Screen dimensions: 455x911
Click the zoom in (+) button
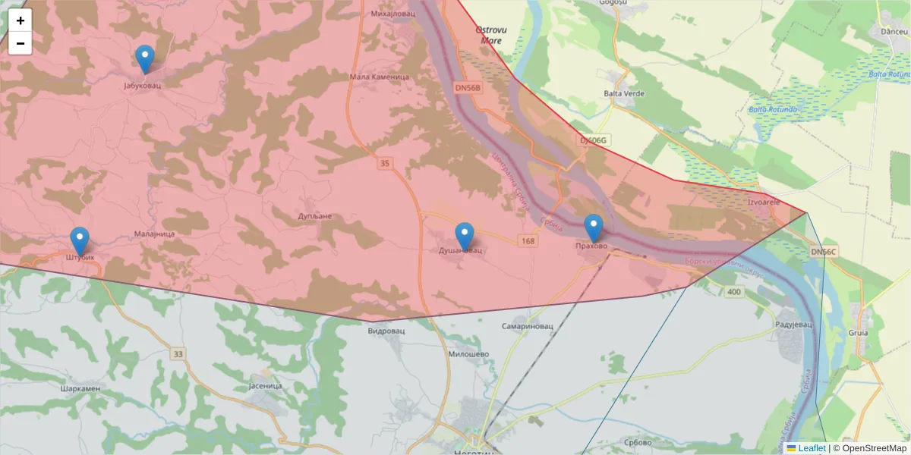pos(20,20)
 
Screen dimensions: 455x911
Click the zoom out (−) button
pos(20,43)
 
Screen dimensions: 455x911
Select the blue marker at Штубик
pos(79,241)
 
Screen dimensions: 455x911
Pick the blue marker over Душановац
pos(464,237)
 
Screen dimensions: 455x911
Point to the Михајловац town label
pos(392,14)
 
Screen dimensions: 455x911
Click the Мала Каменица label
pos(380,77)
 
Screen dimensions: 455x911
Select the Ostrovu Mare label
pos(490,35)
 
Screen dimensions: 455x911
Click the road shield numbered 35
pos(385,163)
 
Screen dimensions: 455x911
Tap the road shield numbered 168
pos(528,241)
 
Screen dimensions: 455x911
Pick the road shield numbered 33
pos(178,353)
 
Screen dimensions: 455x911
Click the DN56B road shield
pos(468,88)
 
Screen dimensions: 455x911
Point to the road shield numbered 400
pos(733,292)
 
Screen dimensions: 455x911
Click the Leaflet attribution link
pos(811,448)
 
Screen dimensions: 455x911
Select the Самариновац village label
pos(528,326)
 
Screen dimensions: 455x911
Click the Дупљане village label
pos(315,216)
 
